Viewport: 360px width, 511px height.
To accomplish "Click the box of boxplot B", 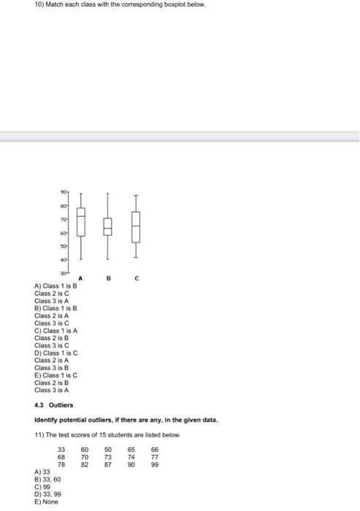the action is coord(107,227).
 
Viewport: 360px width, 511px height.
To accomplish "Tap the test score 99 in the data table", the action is coord(154,464).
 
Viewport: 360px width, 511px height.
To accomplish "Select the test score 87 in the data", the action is coord(108,464).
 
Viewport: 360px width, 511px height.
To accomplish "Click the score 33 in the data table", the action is coord(62,450).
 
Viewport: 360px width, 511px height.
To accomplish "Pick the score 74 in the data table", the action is coord(131,457).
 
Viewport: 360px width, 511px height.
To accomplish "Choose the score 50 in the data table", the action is coord(108,450).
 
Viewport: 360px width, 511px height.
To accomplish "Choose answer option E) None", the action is coord(47,502).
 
